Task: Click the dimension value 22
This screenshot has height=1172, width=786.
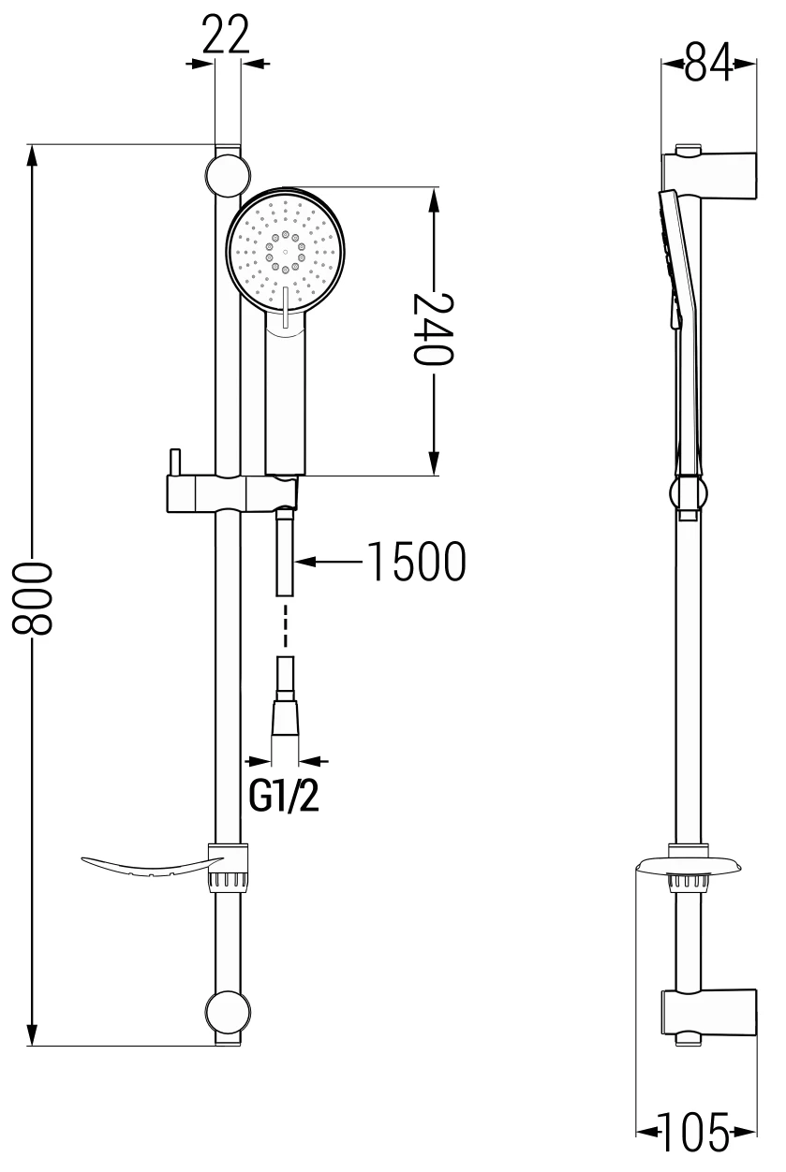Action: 228,36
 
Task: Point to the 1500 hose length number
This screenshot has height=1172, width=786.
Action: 414,563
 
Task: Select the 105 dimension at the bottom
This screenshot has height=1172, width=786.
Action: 695,1134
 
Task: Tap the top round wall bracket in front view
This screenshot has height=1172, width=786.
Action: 228,175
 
